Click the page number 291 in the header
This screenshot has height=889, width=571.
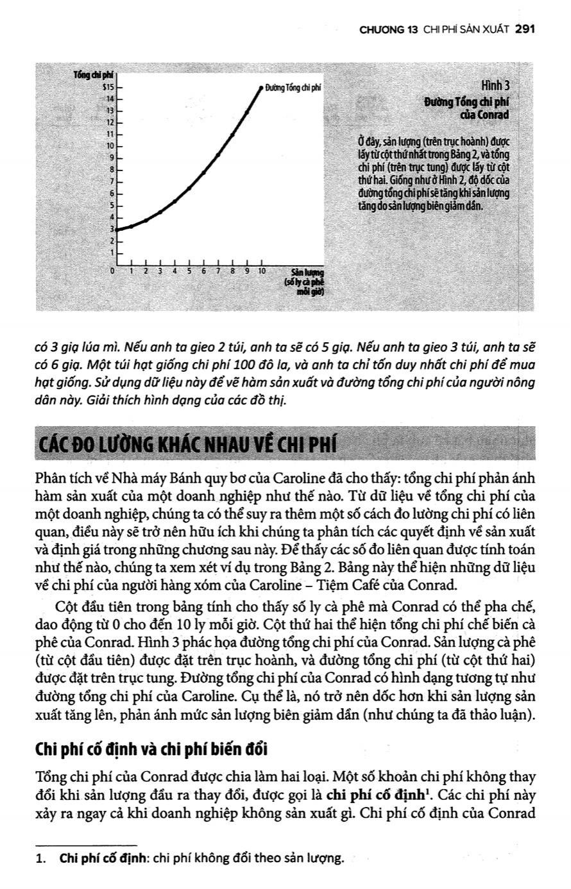click(525, 29)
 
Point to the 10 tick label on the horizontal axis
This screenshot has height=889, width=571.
click(262, 271)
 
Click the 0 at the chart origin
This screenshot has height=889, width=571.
click(112, 271)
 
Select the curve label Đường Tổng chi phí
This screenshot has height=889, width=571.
click(292, 87)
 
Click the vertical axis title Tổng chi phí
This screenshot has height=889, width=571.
click(92, 76)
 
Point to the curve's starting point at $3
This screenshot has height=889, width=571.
click(117, 229)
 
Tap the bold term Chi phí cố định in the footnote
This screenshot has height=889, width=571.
click(96, 859)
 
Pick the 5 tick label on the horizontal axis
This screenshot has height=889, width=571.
click(189, 271)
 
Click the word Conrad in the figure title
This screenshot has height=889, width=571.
click(493, 115)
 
